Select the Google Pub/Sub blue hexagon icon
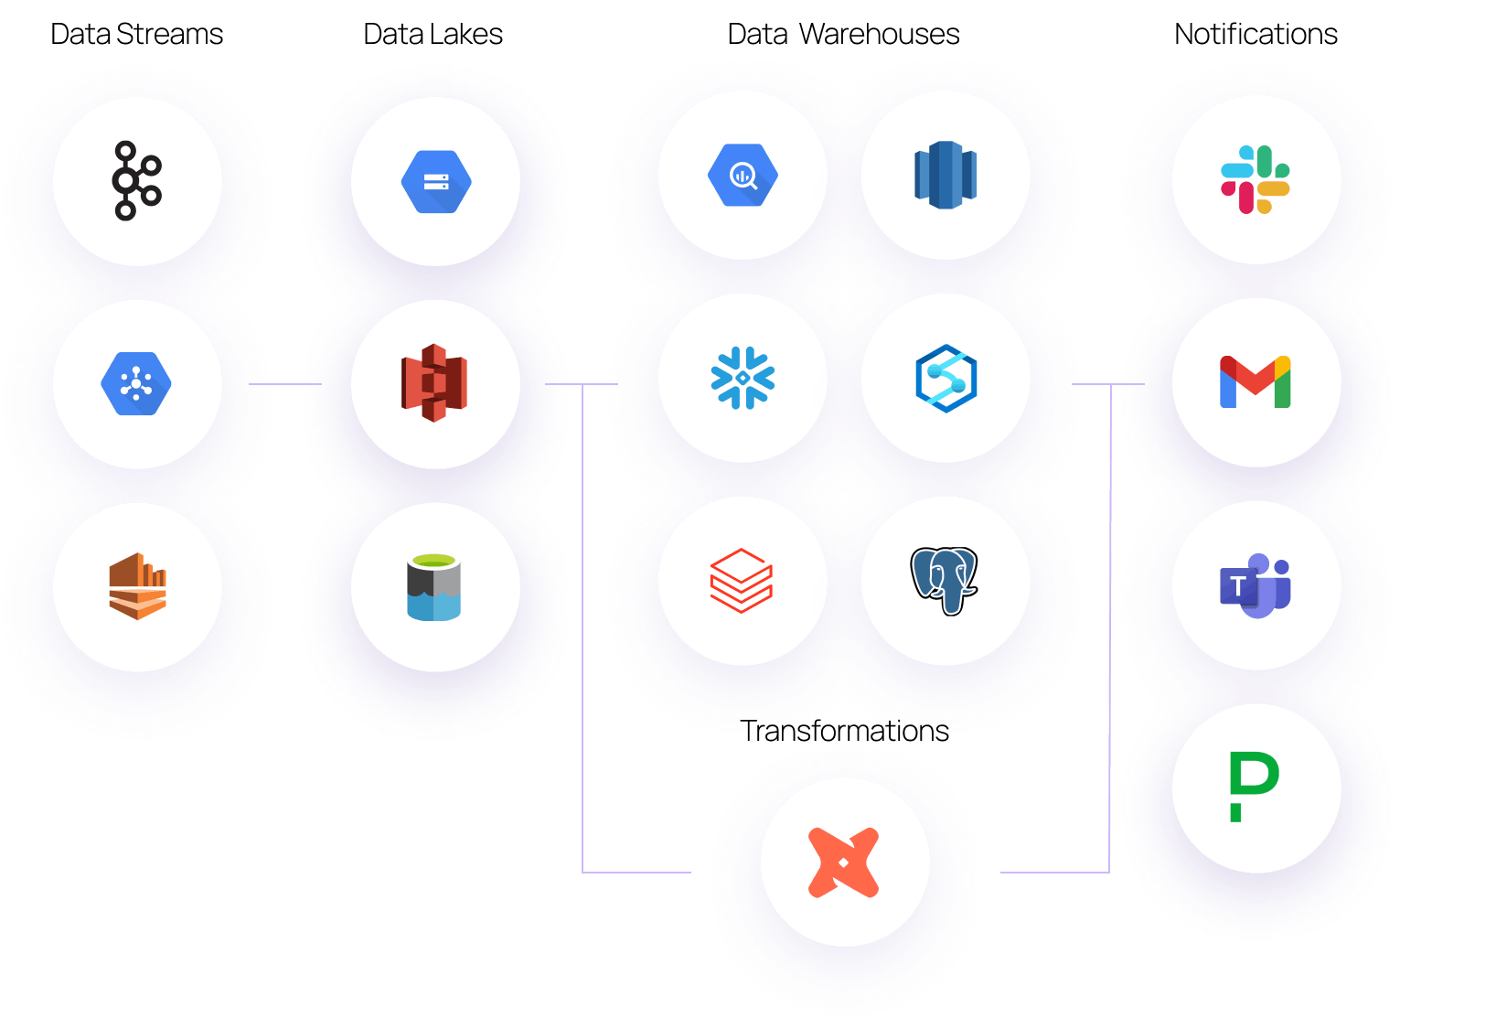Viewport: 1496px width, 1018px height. (x=136, y=383)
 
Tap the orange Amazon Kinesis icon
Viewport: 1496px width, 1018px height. (x=137, y=585)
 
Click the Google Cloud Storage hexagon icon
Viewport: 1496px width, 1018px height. (x=436, y=182)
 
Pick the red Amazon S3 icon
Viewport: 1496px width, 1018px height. (x=434, y=382)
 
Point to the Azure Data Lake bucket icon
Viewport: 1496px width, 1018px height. (x=434, y=587)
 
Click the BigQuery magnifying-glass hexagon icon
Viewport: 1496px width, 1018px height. (x=743, y=175)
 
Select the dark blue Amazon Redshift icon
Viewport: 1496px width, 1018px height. (x=946, y=175)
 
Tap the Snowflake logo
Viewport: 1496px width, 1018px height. (x=743, y=378)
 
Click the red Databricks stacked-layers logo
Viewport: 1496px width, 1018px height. (x=742, y=581)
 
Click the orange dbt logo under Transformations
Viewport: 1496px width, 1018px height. (x=843, y=863)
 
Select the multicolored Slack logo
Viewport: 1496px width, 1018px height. (x=1255, y=179)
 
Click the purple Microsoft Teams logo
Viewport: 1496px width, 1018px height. (x=1255, y=585)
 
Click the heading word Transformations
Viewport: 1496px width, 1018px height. (x=844, y=731)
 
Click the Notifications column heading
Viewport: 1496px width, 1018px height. (x=1256, y=34)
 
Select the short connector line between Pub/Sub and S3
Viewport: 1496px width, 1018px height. (x=285, y=384)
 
